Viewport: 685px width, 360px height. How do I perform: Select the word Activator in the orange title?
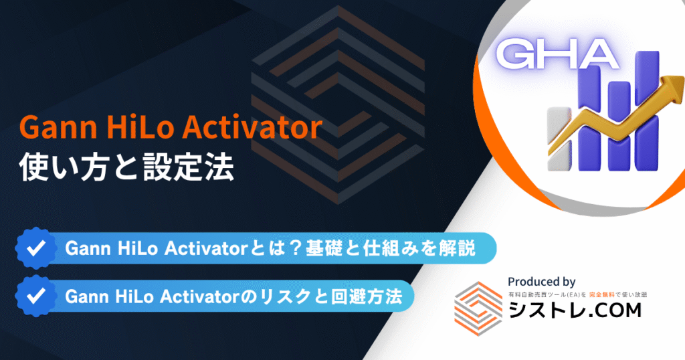click(252, 127)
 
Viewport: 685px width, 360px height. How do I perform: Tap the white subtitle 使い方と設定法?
click(126, 167)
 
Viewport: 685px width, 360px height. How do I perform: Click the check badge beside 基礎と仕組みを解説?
click(36, 248)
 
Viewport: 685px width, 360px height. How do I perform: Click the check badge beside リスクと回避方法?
click(36, 296)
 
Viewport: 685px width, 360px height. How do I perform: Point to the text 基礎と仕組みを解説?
click(390, 249)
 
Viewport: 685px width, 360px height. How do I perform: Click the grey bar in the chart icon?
click(560, 139)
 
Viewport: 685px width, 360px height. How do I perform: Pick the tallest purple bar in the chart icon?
click(648, 111)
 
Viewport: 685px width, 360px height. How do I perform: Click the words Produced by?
click(541, 282)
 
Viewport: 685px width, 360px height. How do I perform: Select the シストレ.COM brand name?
click(575, 310)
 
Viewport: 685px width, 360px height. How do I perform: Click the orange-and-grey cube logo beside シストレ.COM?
click(479, 308)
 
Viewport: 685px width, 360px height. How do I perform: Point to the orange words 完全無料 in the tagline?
click(601, 295)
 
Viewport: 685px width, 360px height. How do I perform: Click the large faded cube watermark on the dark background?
click(338, 105)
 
